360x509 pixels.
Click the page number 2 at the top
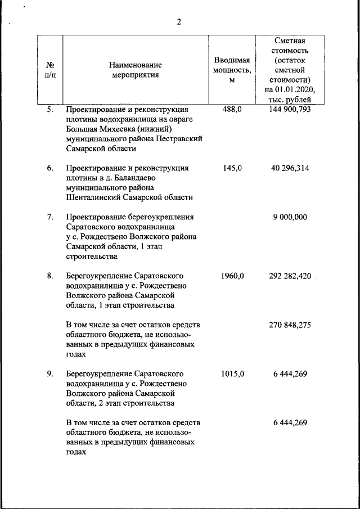pos(179,22)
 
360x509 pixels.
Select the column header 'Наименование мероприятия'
pos(135,70)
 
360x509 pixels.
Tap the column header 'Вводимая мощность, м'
pos(232,70)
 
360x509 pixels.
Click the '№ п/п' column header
pos(50,70)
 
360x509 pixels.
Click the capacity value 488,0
pos(232,109)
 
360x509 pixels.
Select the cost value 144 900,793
pos(290,109)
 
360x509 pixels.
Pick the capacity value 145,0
pos(232,168)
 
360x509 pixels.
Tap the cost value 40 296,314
pos(290,168)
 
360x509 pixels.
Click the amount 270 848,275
pos(290,325)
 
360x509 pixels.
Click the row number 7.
pos(50,217)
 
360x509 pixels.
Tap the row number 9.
pos(50,373)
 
